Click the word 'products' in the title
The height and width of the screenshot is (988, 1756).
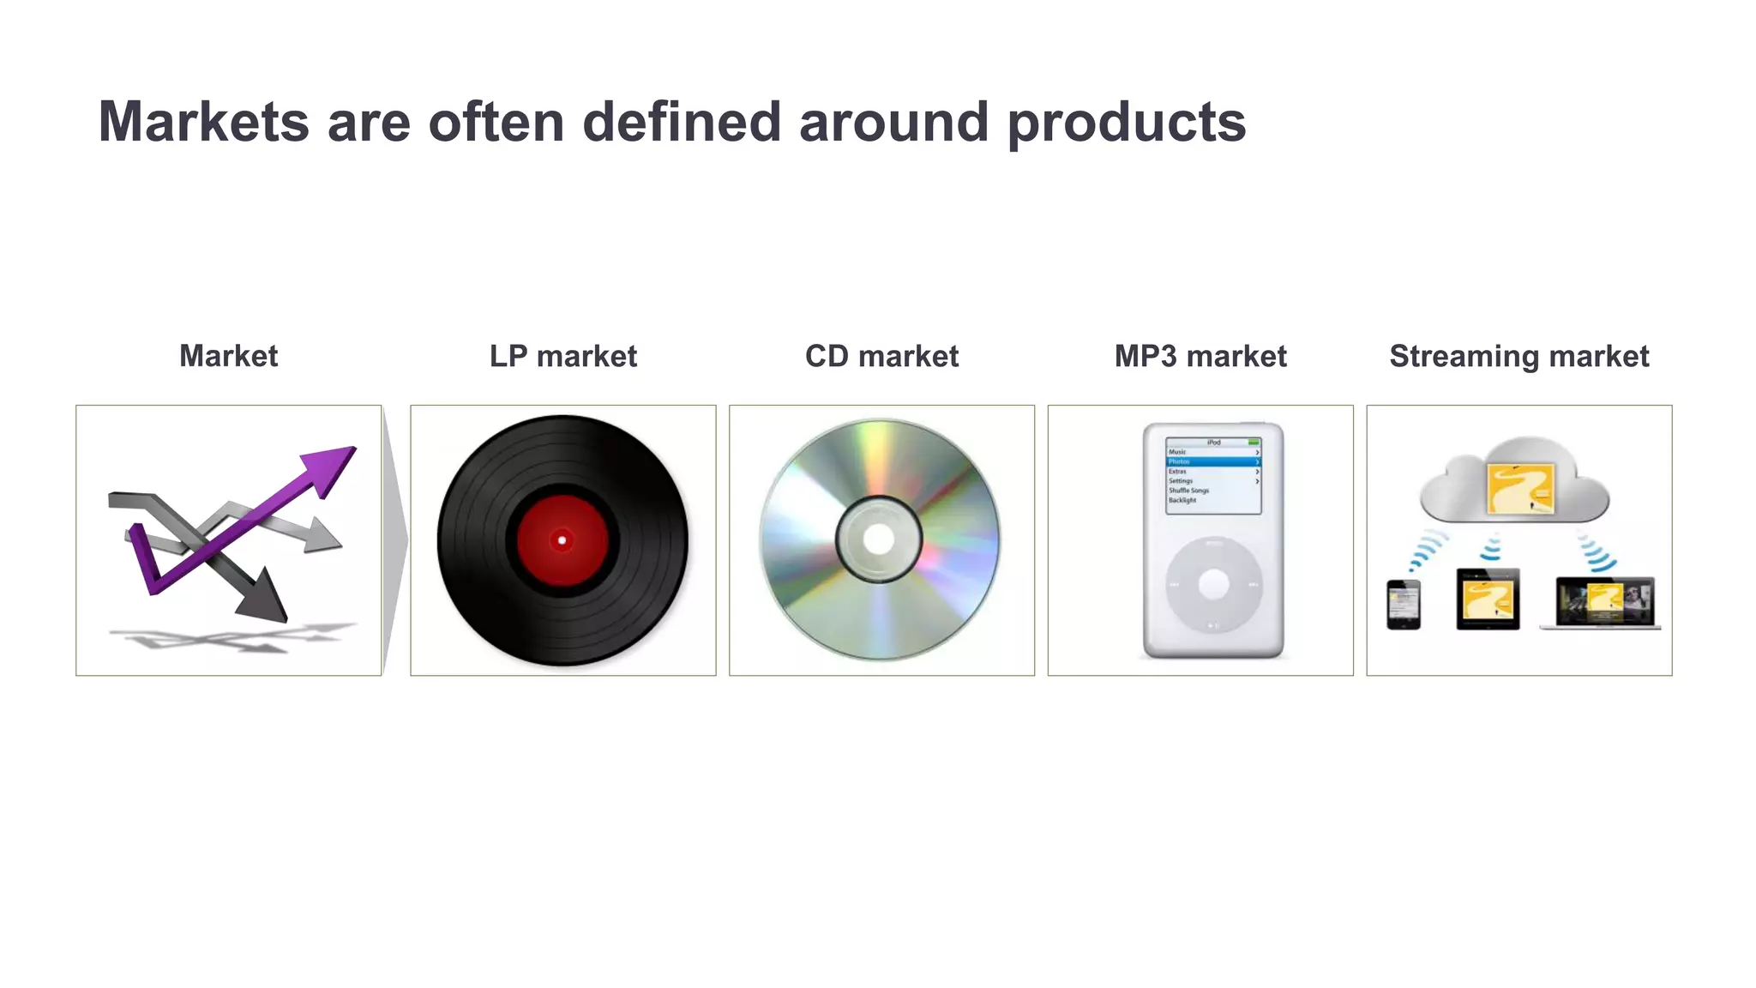click(x=1126, y=123)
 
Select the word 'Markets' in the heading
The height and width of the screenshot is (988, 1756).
click(x=203, y=123)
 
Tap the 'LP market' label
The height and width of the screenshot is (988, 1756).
click(x=562, y=356)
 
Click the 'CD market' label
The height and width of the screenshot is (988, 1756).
click(x=881, y=356)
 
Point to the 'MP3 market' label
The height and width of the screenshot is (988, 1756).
click(x=1200, y=356)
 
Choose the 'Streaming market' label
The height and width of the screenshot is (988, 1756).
click(x=1518, y=356)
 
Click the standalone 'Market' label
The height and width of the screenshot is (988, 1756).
click(x=228, y=356)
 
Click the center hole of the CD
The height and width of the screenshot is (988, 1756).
click(x=878, y=539)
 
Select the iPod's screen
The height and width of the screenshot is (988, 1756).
click(x=1213, y=477)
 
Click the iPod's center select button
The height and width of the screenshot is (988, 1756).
click(x=1213, y=585)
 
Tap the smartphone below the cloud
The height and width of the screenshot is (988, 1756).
click(x=1404, y=604)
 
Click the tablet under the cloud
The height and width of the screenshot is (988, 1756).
click(x=1488, y=599)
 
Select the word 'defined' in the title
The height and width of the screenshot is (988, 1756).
click(x=682, y=123)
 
